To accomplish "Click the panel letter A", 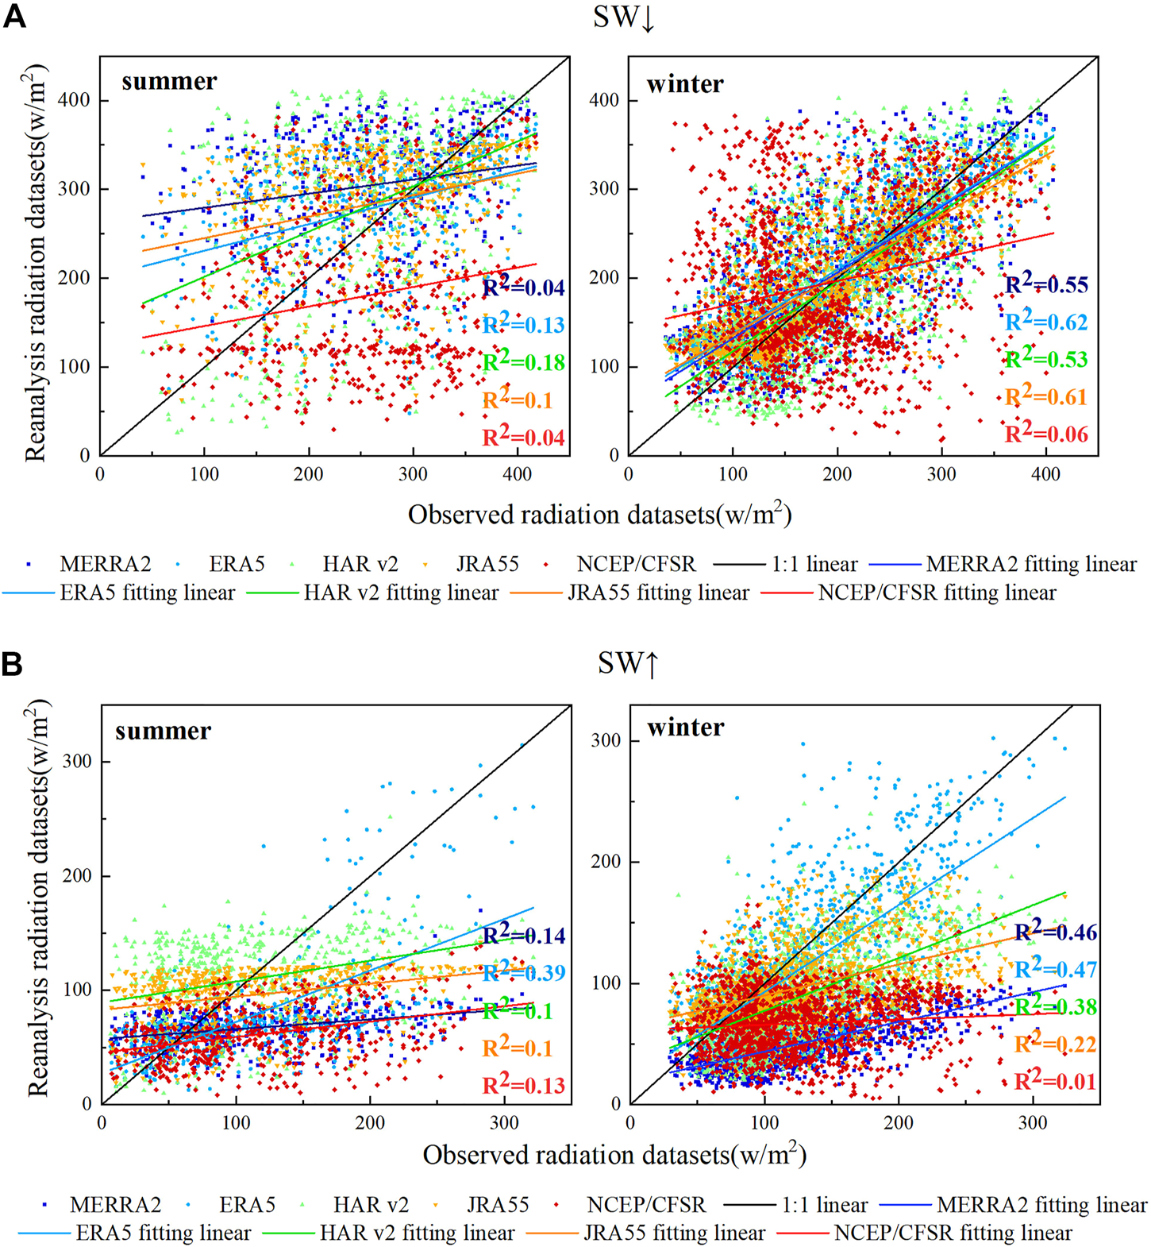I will click(14, 16).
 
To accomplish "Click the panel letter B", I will click(12, 663).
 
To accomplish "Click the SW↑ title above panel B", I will click(628, 663).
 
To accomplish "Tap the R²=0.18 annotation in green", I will click(524, 362).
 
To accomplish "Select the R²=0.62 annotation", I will click(1046, 322).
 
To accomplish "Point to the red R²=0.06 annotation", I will click(1046, 434).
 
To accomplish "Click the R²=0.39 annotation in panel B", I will click(524, 972).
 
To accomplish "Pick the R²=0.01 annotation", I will click(1055, 1081).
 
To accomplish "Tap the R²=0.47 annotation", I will click(1056, 969).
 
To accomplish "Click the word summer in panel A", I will click(169, 81).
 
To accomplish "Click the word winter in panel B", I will click(685, 728).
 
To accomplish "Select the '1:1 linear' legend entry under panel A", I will click(814, 564).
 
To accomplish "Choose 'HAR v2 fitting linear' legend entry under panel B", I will click(417, 1233).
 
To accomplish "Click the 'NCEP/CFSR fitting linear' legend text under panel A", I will click(937, 593).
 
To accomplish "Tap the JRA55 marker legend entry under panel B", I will click(497, 1205).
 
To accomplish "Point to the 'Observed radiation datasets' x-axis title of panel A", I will click(599, 515).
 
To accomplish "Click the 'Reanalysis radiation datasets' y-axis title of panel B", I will click(38, 898).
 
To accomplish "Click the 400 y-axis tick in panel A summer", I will click(78, 100).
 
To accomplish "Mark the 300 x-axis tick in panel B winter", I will click(1033, 1123).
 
